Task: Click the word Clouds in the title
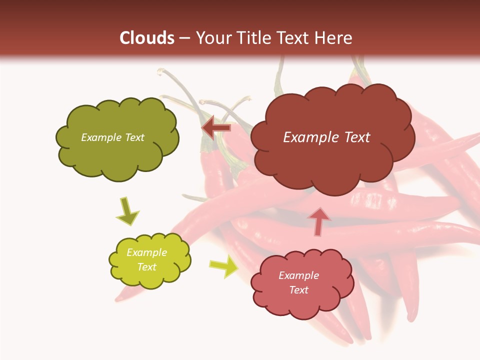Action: pyautogui.click(x=147, y=38)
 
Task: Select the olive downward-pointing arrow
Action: pyautogui.click(x=127, y=211)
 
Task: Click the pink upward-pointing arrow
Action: pyautogui.click(x=319, y=220)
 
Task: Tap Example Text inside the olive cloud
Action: pyautogui.click(x=112, y=137)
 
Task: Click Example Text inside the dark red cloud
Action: pyautogui.click(x=326, y=137)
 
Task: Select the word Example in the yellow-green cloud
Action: pyautogui.click(x=146, y=252)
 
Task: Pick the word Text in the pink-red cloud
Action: pyautogui.click(x=298, y=290)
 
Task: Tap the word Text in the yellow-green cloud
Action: pyautogui.click(x=146, y=267)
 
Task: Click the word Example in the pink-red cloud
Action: pyautogui.click(x=298, y=275)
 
